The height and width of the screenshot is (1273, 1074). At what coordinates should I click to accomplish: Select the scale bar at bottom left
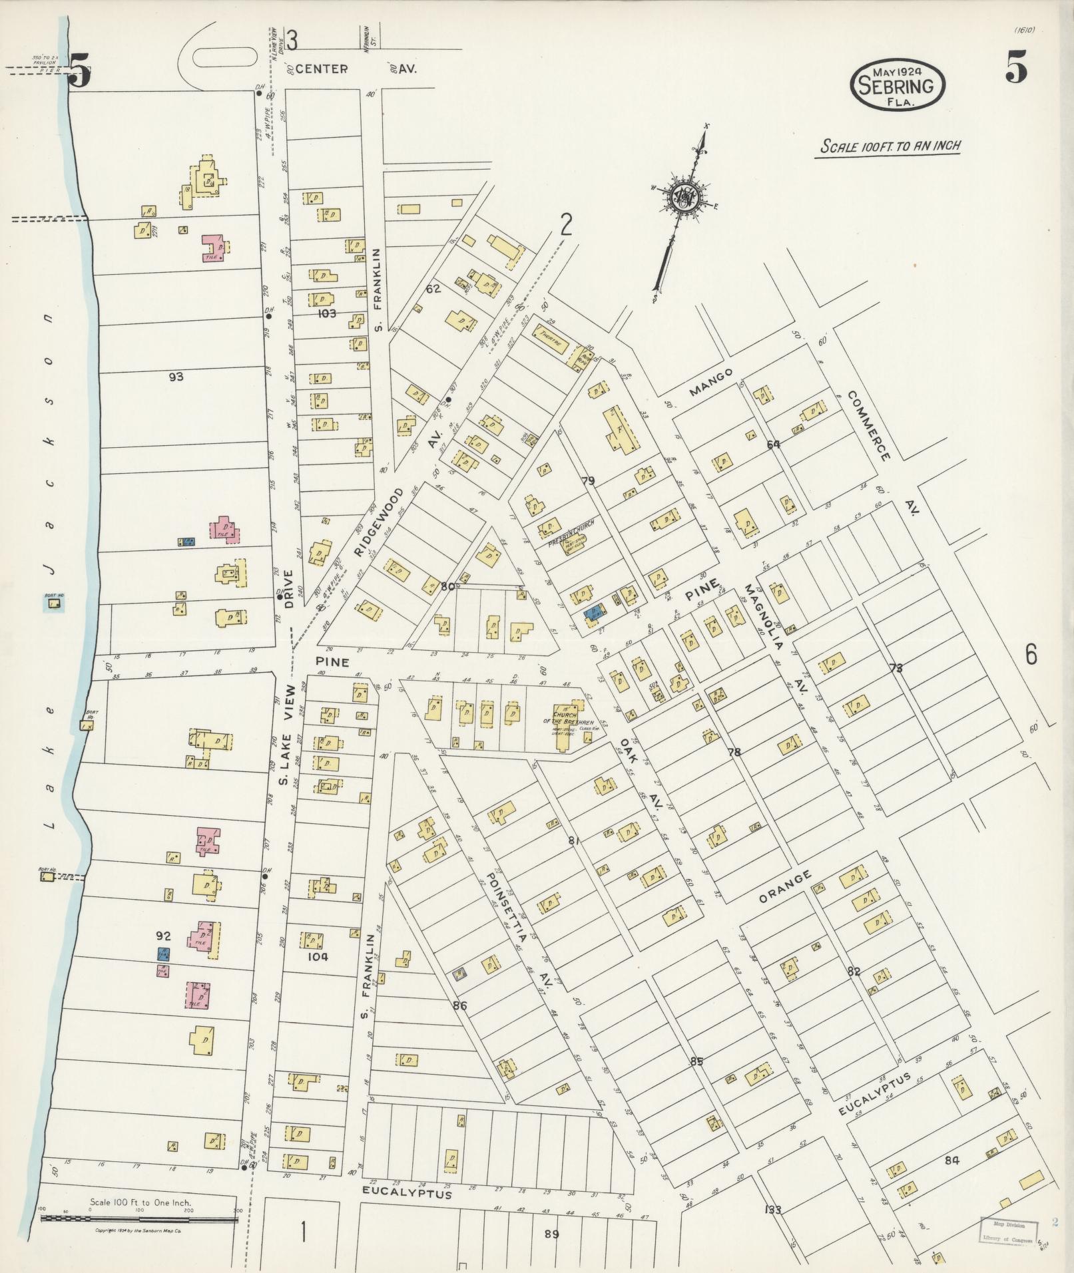(x=138, y=1220)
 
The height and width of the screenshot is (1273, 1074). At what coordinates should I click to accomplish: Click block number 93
(x=176, y=377)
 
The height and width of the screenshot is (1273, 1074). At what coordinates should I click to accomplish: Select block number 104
(x=318, y=956)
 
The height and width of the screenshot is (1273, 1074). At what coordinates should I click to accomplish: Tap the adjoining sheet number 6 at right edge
(x=1031, y=655)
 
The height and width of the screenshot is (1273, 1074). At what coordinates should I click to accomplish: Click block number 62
(x=433, y=289)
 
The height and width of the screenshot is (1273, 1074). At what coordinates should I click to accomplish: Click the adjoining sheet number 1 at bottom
(x=303, y=1232)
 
